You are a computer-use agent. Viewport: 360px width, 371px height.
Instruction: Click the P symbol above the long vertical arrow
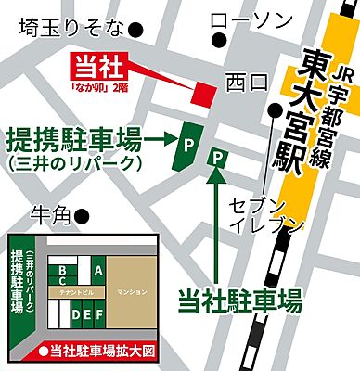pyautogui.click(x=219, y=159)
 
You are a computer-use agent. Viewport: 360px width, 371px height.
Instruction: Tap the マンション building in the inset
pyautogui.click(x=132, y=292)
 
